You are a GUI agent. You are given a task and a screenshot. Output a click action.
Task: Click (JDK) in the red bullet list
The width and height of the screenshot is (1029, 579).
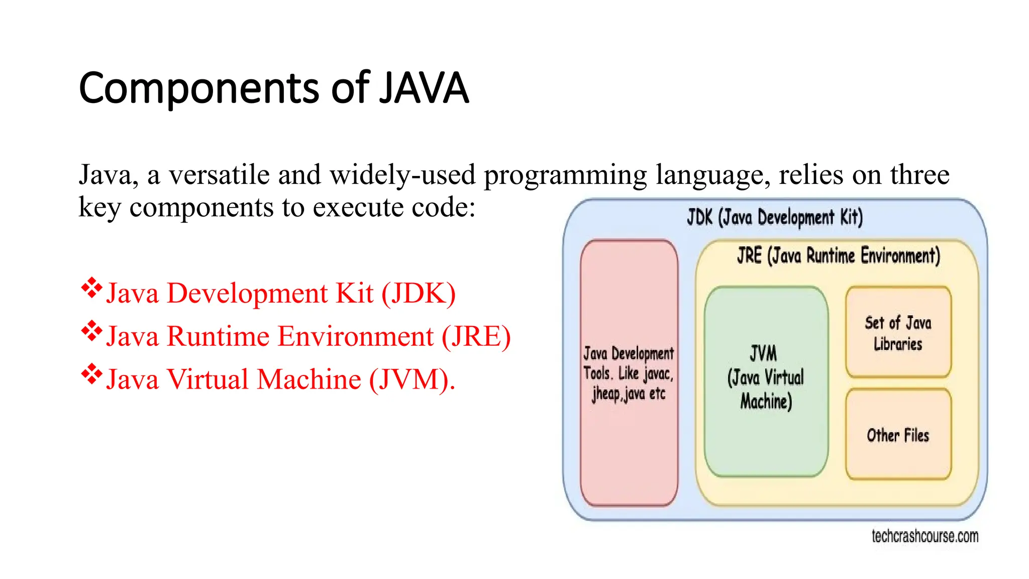(x=419, y=294)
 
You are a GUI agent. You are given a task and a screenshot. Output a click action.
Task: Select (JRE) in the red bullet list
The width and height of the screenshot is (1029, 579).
(x=476, y=337)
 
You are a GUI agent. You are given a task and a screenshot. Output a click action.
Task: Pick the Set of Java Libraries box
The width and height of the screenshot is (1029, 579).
(x=898, y=332)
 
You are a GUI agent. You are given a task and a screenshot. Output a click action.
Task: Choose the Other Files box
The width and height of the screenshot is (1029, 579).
(x=898, y=435)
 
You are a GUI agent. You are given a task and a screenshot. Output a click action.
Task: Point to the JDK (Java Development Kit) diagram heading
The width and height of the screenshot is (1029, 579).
(x=775, y=217)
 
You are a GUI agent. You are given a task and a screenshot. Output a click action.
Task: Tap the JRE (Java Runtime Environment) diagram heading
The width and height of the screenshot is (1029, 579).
(x=838, y=255)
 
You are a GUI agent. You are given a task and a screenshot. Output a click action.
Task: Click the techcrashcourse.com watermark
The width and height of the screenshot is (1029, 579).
(x=925, y=536)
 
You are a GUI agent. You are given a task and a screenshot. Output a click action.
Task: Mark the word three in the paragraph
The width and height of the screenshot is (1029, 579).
(x=919, y=175)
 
